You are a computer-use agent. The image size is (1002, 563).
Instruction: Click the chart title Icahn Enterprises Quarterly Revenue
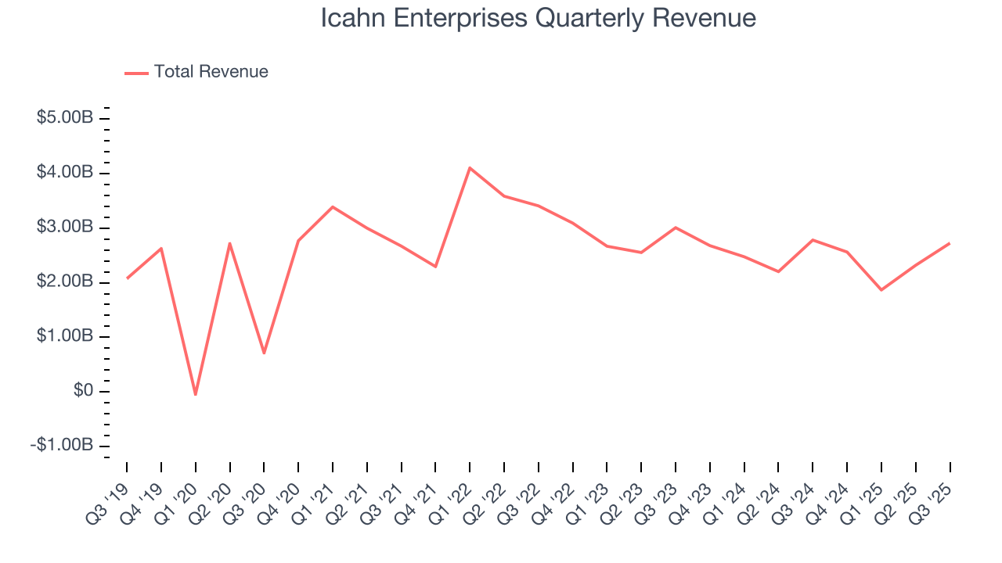tap(539, 18)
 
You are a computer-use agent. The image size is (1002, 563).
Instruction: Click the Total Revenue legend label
tap(211, 72)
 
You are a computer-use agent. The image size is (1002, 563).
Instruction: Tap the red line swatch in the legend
tap(136, 73)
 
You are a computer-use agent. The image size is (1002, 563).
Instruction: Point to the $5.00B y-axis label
tap(65, 118)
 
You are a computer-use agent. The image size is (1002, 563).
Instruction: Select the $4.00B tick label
tap(65, 172)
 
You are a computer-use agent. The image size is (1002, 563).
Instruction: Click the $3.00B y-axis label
tap(65, 227)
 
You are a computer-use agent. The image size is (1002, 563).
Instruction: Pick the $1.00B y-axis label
tap(65, 336)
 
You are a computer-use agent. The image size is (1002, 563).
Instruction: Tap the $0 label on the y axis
tap(83, 391)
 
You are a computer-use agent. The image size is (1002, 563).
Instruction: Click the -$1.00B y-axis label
tap(63, 445)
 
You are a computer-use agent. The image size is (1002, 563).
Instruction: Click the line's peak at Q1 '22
tap(470, 167)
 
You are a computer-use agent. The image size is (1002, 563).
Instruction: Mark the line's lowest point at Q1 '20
tap(195, 394)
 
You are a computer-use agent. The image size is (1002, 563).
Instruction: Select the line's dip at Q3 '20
tap(264, 353)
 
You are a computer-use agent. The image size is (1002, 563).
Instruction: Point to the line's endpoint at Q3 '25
tap(950, 243)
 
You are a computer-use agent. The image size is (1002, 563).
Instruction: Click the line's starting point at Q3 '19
tap(127, 278)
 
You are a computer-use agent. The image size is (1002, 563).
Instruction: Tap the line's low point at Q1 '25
tap(881, 290)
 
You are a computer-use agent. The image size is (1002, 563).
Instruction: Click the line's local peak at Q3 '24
tap(813, 240)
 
